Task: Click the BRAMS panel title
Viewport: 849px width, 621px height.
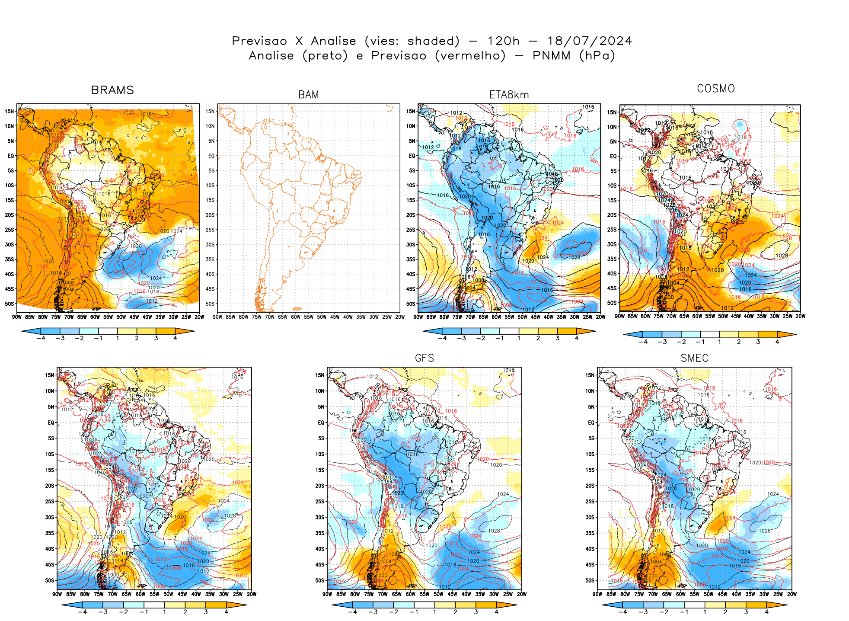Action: pos(112,90)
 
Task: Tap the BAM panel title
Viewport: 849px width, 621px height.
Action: pos(308,95)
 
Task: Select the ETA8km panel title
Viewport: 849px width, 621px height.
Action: pos(509,95)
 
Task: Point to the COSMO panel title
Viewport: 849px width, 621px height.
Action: pos(716,89)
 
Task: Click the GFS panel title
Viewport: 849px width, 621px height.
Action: pos(424,358)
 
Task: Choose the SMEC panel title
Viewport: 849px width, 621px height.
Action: pos(694,358)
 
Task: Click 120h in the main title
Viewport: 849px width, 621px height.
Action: pos(503,41)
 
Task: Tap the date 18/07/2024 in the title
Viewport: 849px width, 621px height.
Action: pos(590,41)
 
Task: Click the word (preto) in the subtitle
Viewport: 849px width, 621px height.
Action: pos(325,56)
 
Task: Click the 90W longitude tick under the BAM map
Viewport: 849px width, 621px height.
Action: pos(217,317)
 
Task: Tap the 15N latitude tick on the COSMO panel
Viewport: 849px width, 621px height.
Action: pos(612,112)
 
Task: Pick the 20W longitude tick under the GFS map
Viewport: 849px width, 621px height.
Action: pos(522,594)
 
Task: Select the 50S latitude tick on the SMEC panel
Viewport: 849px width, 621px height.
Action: pos(590,580)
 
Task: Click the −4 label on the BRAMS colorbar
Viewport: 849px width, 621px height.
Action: pos(41,338)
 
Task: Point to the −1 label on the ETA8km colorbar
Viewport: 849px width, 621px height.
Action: pos(499,338)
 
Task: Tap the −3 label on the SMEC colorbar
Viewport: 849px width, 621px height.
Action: pos(643,612)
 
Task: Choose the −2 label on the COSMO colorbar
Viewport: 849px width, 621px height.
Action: pos(681,342)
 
